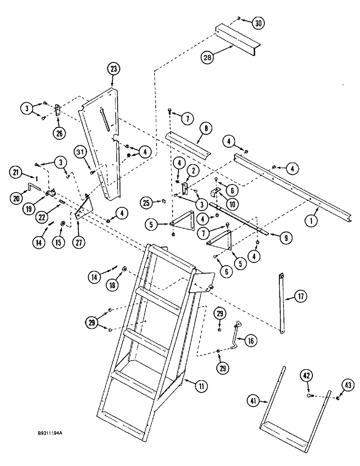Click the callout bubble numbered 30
258,22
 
